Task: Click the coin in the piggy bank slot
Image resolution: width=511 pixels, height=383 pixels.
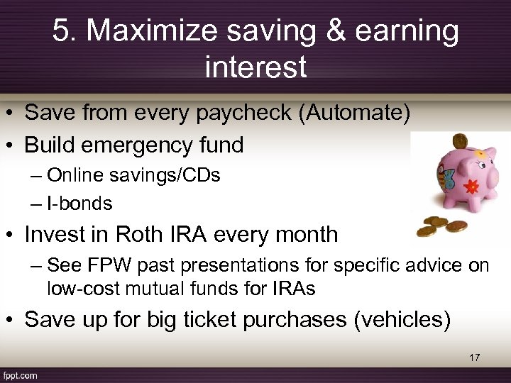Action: pyautogui.click(x=460, y=140)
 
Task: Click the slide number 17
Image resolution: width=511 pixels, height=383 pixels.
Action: pyautogui.click(x=474, y=357)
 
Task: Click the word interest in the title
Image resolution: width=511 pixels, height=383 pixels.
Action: pyautogui.click(x=255, y=67)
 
